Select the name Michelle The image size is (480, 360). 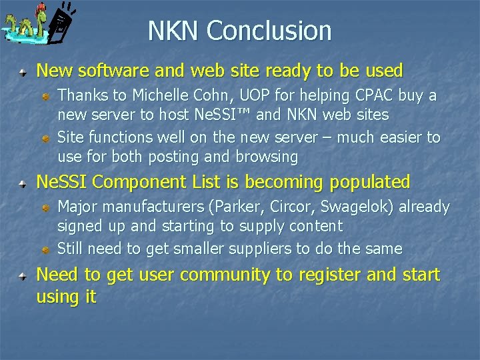[158, 96]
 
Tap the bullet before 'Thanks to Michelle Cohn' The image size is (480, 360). [45, 97]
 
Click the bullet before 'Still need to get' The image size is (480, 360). [45, 249]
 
